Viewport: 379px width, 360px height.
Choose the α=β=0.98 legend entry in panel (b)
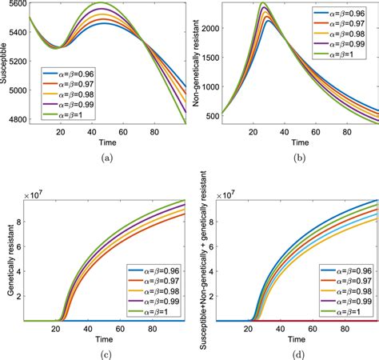click(x=336, y=36)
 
